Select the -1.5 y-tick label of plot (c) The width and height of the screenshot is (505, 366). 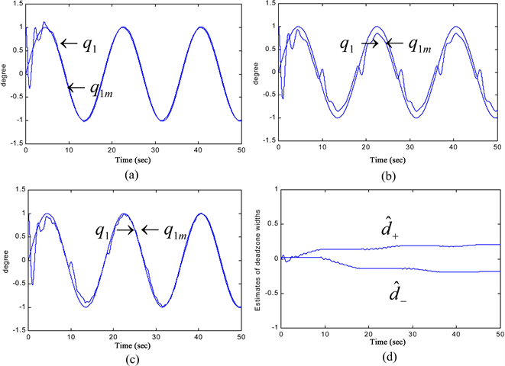pyautogui.click(x=15, y=332)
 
